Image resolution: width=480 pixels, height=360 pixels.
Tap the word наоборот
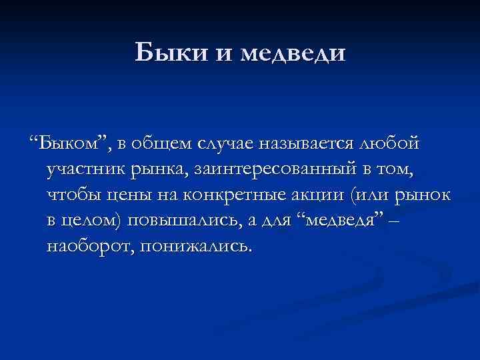coord(87,247)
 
